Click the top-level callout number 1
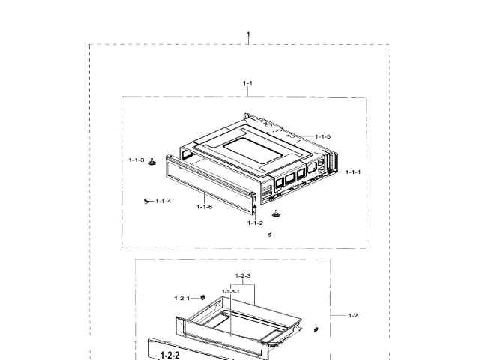[248, 34]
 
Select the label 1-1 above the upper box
[247, 82]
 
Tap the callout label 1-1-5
[322, 136]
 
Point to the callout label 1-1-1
[352, 172]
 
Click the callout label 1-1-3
[136, 160]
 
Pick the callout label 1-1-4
[163, 201]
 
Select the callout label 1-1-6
[204, 206]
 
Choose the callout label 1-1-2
[255, 223]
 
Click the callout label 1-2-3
[242, 277]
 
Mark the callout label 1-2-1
[182, 298]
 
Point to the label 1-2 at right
[353, 315]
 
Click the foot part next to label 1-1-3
[152, 163]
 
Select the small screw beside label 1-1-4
[144, 201]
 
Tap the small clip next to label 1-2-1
[202, 298]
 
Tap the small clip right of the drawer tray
[317, 328]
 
